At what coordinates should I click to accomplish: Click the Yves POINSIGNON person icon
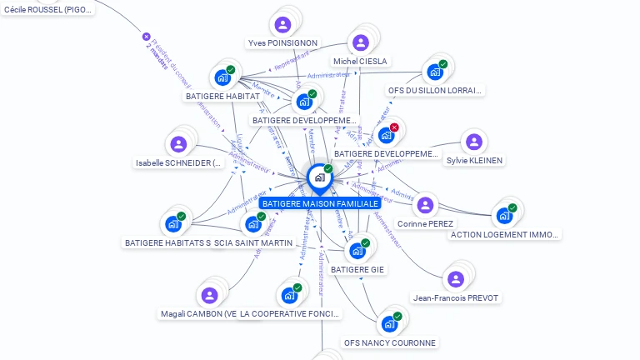[282, 24]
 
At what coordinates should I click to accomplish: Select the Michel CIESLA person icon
[360, 42]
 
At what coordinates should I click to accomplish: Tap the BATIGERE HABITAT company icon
[222, 77]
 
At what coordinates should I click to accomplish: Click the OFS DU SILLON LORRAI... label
[435, 90]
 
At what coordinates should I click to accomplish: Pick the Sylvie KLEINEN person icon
[473, 142]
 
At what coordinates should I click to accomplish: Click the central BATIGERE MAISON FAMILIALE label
[320, 203]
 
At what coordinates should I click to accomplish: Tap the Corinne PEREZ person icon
[425, 205]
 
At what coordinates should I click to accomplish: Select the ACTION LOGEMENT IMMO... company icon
[503, 216]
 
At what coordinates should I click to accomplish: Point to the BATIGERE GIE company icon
[357, 251]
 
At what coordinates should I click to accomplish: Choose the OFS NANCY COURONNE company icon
[388, 324]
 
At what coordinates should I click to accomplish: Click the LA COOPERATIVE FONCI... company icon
[288, 295]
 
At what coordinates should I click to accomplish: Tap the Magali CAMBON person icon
[209, 295]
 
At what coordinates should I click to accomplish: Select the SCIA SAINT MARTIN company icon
[252, 224]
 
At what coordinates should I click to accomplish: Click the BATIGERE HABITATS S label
[167, 242]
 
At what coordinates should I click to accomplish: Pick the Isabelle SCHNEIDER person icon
[178, 144]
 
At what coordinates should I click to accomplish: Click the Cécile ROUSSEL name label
[48, 9]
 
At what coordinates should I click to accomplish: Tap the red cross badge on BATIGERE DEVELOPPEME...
[394, 127]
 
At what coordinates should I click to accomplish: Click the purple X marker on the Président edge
[147, 37]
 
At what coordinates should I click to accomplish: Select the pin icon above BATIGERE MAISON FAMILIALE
[319, 177]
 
